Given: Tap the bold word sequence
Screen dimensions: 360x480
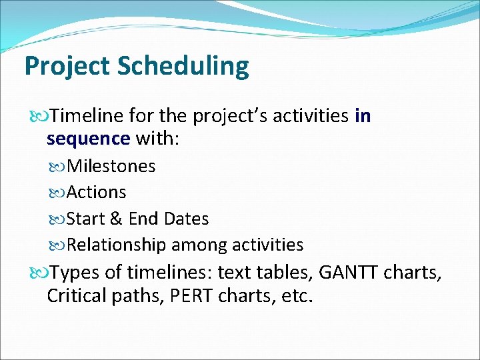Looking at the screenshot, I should (x=89, y=138).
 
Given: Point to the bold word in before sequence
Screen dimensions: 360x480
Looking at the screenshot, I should (x=363, y=117).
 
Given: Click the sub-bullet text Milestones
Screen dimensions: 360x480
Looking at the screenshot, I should (x=111, y=166).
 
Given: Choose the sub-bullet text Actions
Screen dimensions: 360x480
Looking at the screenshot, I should (x=97, y=193).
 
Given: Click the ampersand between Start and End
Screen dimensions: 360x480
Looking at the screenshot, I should (x=116, y=219).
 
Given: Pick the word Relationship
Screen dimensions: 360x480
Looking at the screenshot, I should (x=117, y=245).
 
